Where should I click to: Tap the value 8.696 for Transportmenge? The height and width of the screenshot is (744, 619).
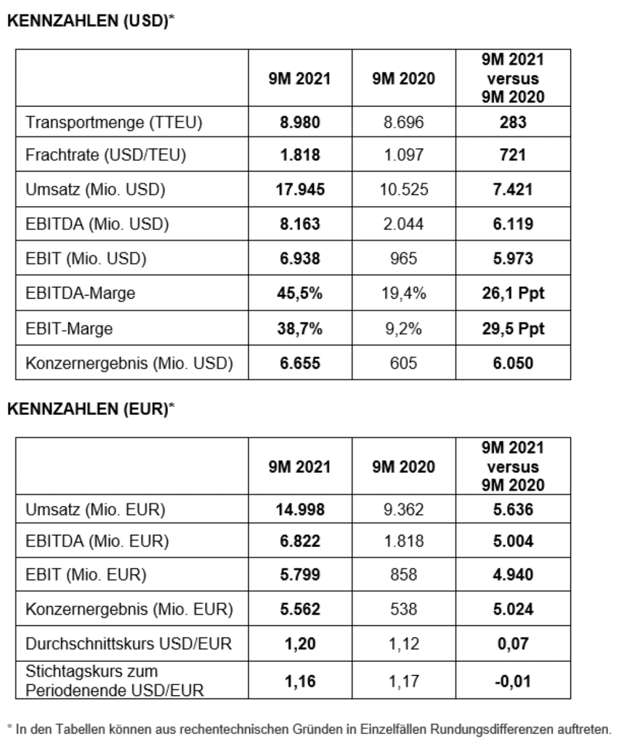401,123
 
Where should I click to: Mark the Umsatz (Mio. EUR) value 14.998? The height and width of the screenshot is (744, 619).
301,510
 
